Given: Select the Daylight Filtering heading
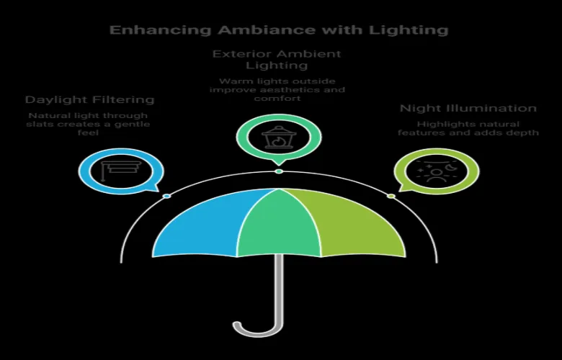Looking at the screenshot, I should point(89,99).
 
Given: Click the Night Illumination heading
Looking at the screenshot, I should point(468,109).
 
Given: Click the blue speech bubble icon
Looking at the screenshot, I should point(121,170).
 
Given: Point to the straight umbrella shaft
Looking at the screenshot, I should point(279,288).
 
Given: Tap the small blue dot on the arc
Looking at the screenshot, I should point(166,196).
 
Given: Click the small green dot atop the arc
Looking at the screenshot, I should point(279,171).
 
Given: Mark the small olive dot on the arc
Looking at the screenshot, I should point(391,196).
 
